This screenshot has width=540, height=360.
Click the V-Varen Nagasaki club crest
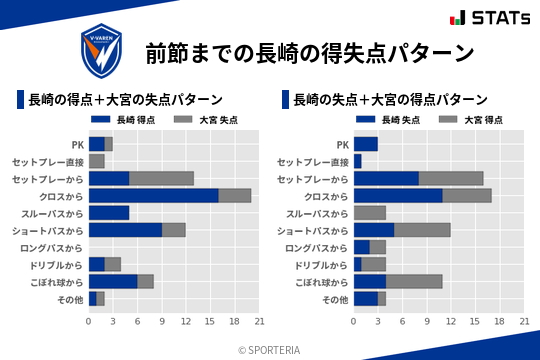104,49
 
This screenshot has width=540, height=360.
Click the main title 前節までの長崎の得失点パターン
309,52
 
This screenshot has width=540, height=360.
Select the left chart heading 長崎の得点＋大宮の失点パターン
125,99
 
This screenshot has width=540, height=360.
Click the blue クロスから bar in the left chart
153,195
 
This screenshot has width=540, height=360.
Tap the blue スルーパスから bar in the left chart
109,212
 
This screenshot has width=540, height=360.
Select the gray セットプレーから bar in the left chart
161,178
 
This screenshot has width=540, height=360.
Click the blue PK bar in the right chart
365,144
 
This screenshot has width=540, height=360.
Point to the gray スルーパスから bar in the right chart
369,212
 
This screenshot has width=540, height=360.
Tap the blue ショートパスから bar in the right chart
373,230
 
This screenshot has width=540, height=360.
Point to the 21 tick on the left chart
259,321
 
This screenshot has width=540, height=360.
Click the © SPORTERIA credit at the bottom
270,349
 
